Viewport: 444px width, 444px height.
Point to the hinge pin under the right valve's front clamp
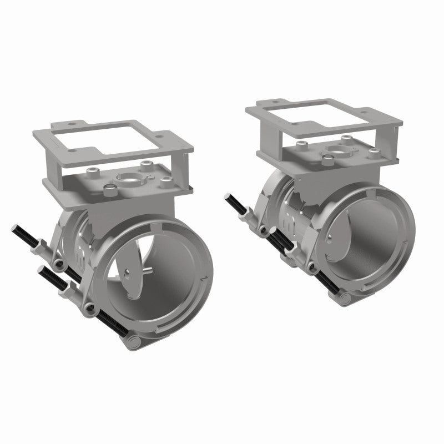(x=344, y=300)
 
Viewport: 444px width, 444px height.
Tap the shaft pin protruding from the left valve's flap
(x=149, y=269)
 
